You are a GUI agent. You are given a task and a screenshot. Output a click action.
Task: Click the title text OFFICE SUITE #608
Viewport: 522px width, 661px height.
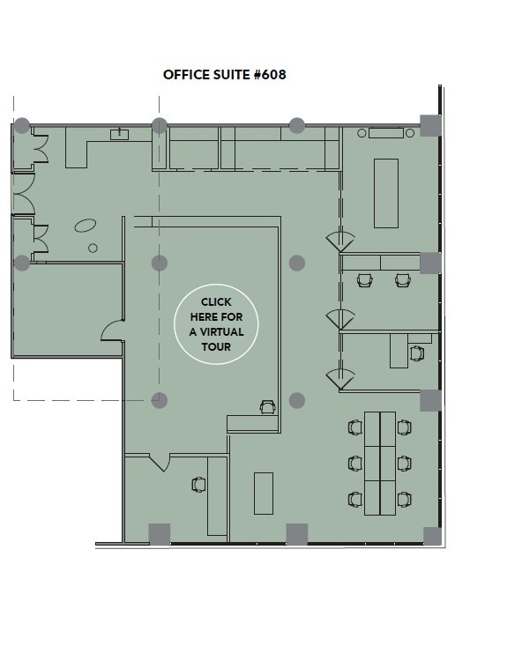click(x=224, y=75)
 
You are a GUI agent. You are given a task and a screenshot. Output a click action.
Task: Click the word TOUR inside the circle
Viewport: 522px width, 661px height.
click(x=216, y=346)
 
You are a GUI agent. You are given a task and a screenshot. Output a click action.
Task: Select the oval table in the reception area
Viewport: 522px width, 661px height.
click(x=86, y=226)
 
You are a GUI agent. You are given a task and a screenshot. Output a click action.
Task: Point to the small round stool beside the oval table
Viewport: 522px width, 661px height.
click(x=93, y=249)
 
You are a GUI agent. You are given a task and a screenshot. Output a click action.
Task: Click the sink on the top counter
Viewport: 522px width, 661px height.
click(x=119, y=134)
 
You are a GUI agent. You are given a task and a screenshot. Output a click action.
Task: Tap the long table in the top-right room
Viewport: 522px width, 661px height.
click(x=386, y=193)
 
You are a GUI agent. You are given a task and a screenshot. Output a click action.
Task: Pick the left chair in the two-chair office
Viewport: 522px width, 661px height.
click(x=365, y=280)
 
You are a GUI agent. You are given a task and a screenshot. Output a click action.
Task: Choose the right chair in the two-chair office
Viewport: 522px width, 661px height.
click(x=403, y=280)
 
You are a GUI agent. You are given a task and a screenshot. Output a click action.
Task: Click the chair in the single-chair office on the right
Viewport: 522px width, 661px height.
click(x=416, y=353)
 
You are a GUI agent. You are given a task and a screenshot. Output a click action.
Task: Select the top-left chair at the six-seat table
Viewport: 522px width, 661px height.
click(x=355, y=427)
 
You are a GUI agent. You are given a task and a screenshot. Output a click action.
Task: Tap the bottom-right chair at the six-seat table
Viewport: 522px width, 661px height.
click(x=404, y=499)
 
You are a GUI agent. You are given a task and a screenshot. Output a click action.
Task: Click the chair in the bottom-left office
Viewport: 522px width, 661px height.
click(x=199, y=484)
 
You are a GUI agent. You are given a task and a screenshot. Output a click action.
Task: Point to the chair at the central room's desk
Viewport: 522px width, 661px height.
click(x=267, y=406)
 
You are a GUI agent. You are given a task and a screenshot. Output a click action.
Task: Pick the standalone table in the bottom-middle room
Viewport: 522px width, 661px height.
click(x=263, y=494)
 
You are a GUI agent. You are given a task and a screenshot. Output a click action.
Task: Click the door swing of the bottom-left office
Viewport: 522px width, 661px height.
click(x=160, y=462)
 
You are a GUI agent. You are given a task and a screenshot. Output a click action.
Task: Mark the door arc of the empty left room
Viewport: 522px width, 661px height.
click(x=113, y=330)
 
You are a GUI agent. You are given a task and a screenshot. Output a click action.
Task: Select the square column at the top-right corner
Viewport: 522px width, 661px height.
click(x=430, y=125)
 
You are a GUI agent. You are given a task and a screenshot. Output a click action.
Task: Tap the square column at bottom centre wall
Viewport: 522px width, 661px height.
click(x=297, y=534)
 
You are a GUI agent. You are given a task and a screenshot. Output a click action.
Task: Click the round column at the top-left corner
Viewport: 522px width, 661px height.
click(x=22, y=125)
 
